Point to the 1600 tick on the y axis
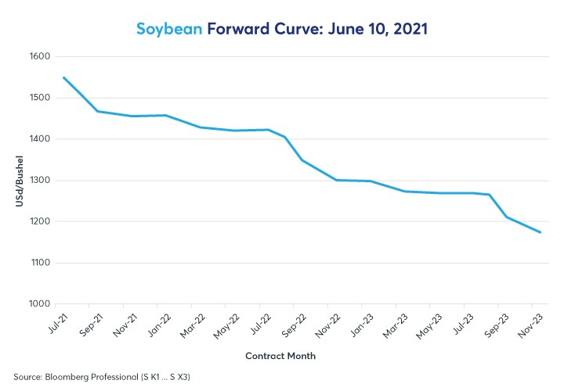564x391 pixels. [x=39, y=57]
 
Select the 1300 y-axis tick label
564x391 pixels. [x=39, y=181]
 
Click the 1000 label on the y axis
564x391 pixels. [x=39, y=304]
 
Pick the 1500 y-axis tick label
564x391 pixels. [x=39, y=99]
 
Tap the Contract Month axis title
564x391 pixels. [x=281, y=356]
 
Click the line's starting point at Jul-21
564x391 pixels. [x=63, y=77]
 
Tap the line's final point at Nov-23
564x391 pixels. [x=540, y=232]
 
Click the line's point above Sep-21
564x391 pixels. [x=98, y=111]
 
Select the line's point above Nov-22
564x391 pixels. [x=337, y=180]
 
